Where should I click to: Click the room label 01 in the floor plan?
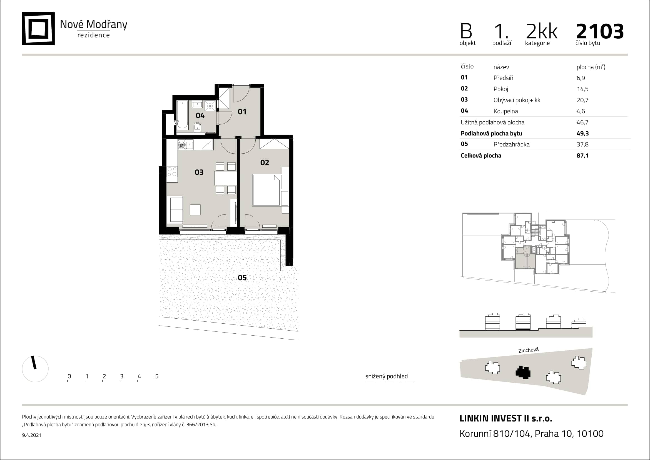pos(242,112)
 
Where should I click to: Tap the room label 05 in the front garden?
pos(242,277)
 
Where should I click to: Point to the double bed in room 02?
pos(266,190)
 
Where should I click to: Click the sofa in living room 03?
pos(175,210)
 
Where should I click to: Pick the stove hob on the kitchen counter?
pos(172,171)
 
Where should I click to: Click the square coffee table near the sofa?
pos(195,210)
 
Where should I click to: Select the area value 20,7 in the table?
pos(582,100)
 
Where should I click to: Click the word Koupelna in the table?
pos(505,111)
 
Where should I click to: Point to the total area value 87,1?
pos(582,156)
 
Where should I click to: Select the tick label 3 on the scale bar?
pos(122,376)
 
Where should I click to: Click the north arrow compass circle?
pos(35,369)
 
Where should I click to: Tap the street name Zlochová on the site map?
pos(529,350)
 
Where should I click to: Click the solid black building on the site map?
pos(523,372)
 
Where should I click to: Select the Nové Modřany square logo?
pos(38,29)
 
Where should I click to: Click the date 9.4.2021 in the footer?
pos(32,435)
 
